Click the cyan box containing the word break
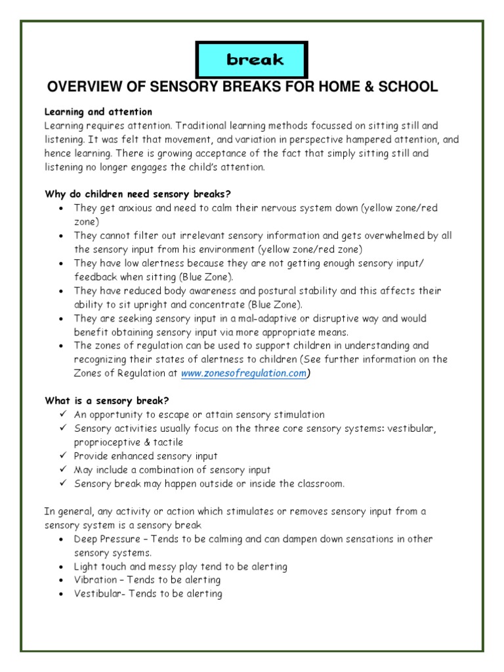(x=251, y=60)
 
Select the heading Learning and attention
(x=98, y=112)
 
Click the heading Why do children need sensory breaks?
(x=138, y=194)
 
